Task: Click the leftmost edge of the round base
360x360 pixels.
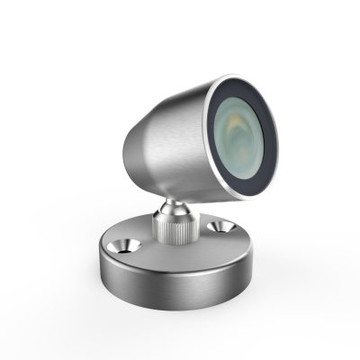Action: (96, 261)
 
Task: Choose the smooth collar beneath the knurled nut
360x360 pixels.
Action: (173, 238)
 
